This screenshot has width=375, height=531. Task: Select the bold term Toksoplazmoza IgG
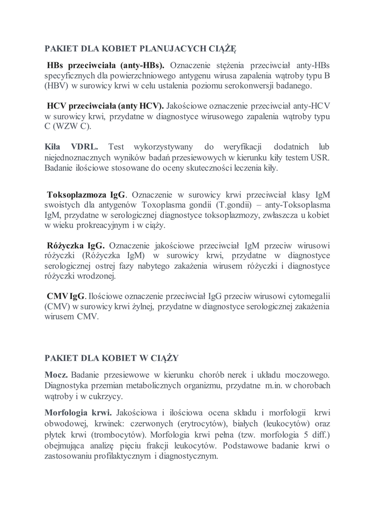click(86, 195)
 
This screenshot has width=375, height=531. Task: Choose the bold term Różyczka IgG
click(76, 246)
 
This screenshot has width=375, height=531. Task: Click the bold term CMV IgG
click(66, 297)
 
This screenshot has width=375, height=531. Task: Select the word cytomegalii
click(308, 297)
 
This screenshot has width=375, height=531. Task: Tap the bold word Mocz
click(56, 374)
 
